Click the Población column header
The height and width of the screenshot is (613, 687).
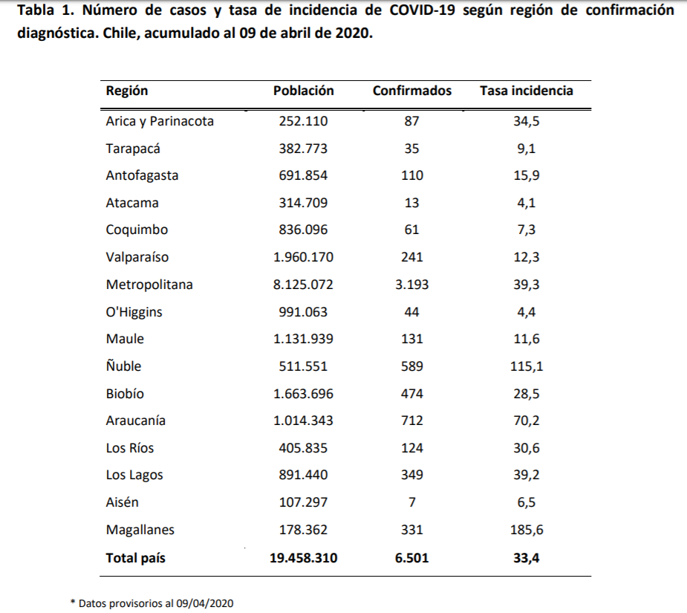303,91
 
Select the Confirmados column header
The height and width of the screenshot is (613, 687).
411,91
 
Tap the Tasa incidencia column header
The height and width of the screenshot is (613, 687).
526,91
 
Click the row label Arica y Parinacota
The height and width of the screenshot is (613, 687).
160,121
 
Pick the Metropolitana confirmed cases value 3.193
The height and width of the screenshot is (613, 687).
411,285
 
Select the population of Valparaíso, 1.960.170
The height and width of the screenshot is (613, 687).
303,257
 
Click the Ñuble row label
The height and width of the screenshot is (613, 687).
123,366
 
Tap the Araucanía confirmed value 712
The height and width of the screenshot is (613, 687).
411,421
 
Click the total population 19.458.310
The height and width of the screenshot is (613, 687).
303,557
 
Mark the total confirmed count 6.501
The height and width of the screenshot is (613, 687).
411,557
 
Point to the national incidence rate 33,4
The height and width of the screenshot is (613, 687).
526,557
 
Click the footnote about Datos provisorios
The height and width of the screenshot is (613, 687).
152,603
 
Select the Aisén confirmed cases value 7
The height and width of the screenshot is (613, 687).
411,502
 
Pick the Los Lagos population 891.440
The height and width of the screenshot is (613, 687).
303,476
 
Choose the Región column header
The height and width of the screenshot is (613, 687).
127,91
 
